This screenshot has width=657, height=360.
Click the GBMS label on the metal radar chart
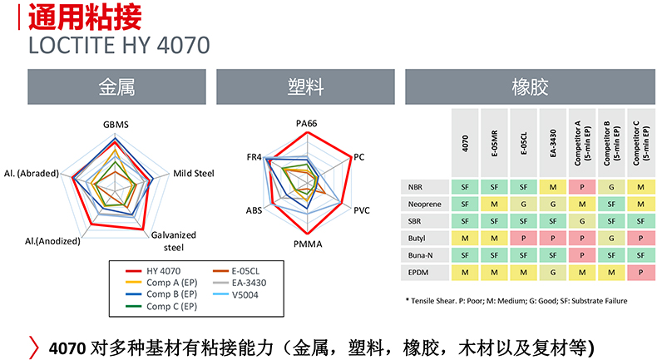(116, 125)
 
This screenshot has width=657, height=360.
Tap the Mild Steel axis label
(194, 174)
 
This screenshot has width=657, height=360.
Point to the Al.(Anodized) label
(52, 241)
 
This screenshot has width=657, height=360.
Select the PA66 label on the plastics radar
(307, 123)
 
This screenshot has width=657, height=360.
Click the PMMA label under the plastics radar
(308, 244)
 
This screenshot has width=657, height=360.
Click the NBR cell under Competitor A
(581, 186)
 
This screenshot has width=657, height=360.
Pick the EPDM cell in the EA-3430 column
(552, 272)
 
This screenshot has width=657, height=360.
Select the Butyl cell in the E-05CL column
(523, 238)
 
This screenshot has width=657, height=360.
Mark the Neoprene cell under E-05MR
(494, 204)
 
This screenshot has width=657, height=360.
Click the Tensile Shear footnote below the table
(516, 300)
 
